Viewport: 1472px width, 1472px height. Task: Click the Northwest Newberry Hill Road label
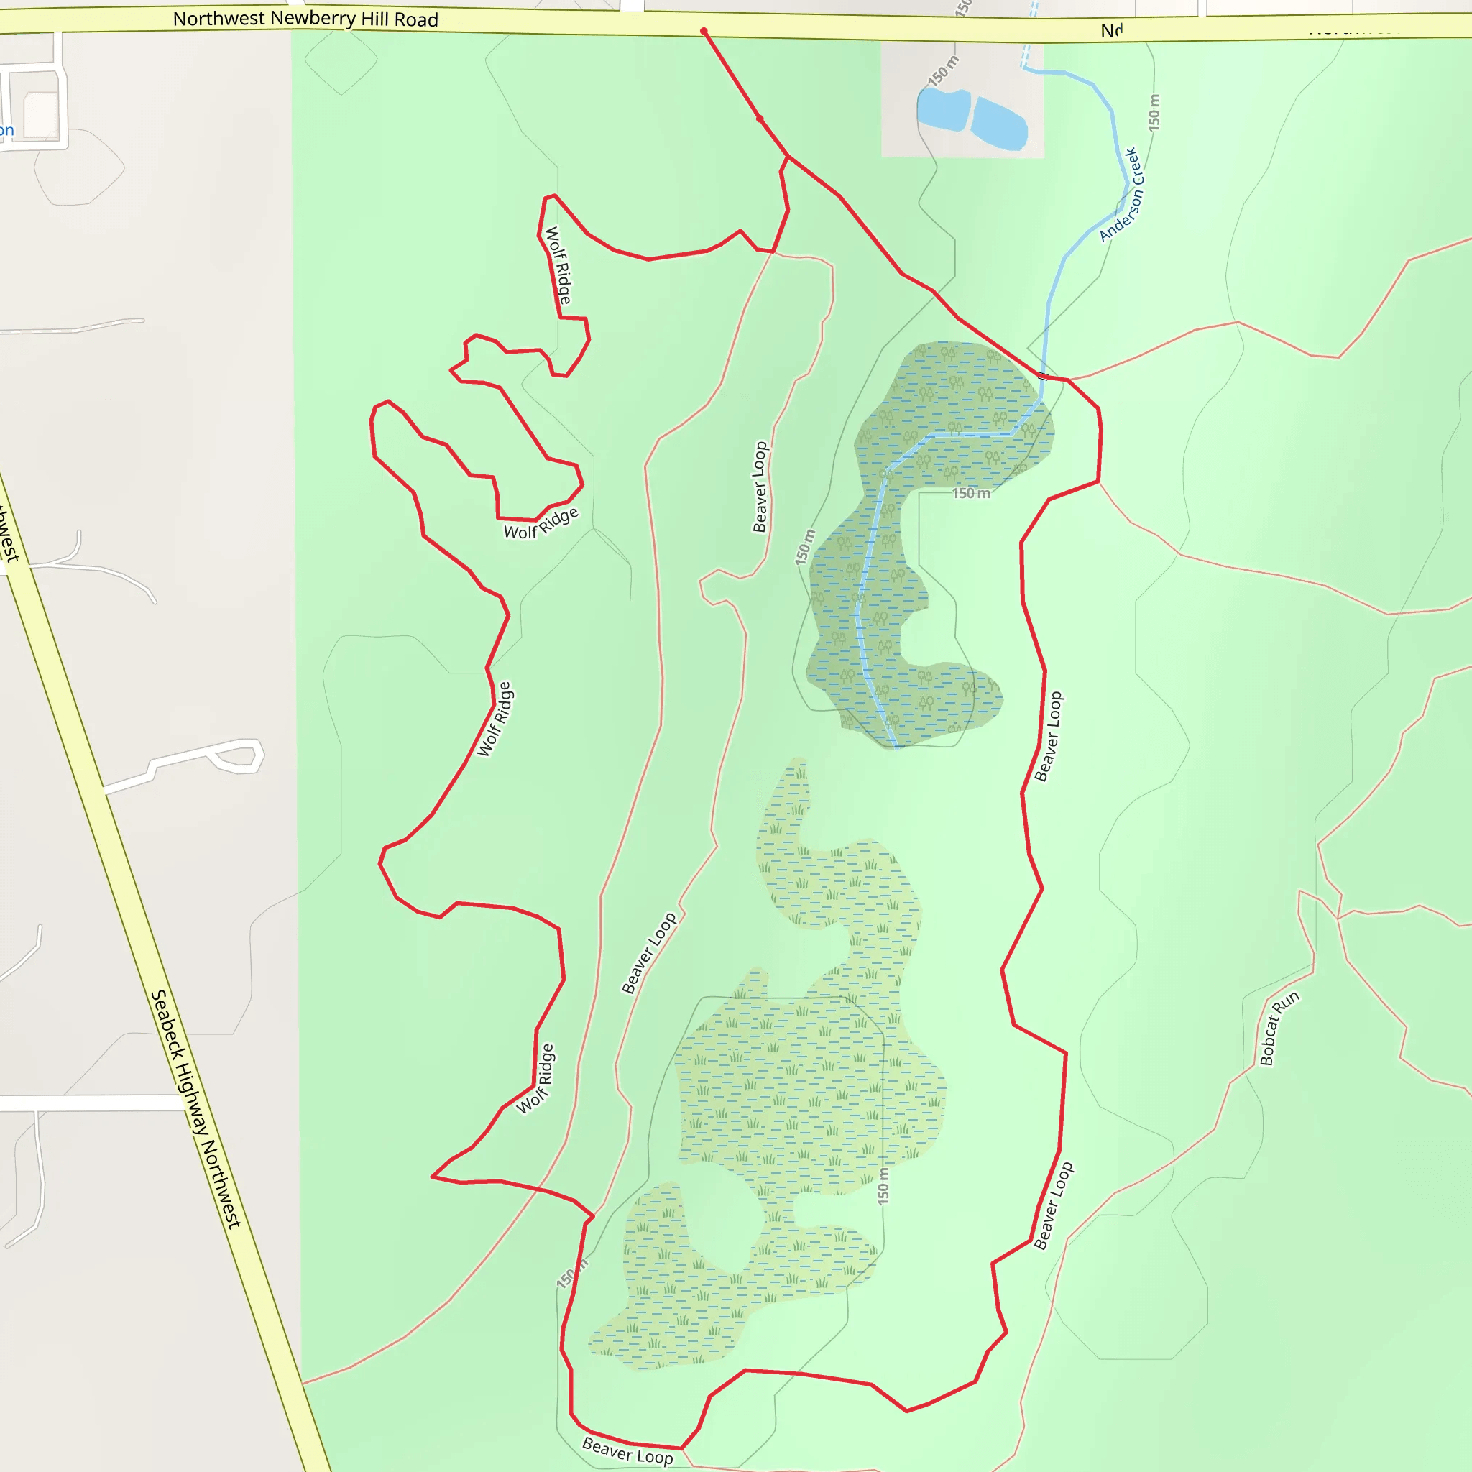click(x=305, y=19)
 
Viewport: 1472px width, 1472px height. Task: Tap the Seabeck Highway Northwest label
click(x=195, y=1108)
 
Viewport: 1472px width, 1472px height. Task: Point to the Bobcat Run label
click(x=1279, y=1028)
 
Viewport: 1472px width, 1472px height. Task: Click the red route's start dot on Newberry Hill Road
click(x=704, y=31)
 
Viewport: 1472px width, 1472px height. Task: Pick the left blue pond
click(x=943, y=109)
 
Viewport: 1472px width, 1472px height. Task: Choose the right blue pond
click(x=999, y=123)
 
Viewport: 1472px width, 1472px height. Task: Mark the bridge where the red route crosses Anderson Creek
click(x=1043, y=376)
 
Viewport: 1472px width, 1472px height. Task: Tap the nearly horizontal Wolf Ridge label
click(x=541, y=523)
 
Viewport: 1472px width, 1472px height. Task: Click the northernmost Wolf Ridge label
click(x=558, y=265)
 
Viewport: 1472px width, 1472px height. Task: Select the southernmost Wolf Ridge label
click(x=535, y=1079)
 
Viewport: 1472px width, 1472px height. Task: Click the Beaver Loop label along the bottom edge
click(x=627, y=1450)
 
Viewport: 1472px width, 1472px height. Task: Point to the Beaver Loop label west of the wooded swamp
click(x=760, y=487)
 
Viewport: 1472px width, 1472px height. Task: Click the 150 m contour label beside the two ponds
click(x=943, y=71)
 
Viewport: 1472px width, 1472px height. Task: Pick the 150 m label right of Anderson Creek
click(x=1154, y=112)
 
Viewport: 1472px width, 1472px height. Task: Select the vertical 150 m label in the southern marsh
click(x=883, y=1185)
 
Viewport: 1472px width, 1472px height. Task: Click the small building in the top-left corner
click(x=41, y=114)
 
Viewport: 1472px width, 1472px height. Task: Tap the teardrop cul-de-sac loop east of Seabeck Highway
click(x=238, y=757)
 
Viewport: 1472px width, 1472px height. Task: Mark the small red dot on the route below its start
click(x=760, y=119)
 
